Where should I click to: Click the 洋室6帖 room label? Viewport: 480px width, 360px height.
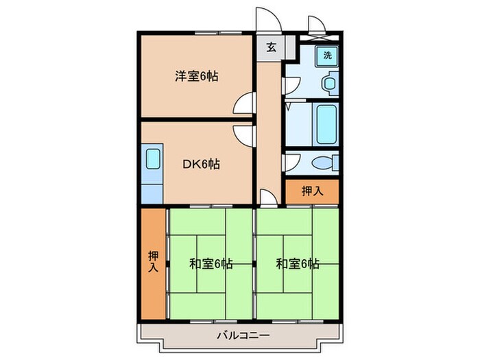tap(197, 77)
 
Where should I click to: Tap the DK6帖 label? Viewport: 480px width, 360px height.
tap(202, 164)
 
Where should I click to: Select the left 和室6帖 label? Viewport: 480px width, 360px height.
tap(211, 263)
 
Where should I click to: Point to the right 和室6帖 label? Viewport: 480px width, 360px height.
tap(298, 263)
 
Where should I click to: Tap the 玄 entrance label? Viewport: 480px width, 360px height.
tap(271, 47)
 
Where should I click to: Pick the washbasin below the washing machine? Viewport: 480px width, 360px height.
tap(329, 85)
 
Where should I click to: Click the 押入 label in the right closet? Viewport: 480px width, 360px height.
tap(312, 191)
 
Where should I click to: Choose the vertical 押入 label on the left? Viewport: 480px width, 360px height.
tap(154, 261)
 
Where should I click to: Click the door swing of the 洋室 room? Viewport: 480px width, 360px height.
tap(242, 104)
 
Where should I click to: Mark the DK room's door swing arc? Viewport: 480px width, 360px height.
tap(242, 134)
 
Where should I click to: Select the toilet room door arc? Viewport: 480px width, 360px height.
tap(291, 163)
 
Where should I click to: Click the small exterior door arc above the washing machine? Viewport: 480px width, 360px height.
tap(316, 25)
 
